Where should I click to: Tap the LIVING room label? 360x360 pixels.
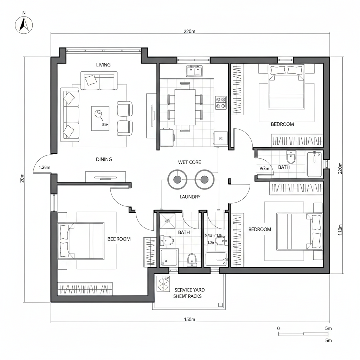103,65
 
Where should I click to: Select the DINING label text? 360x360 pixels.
104,159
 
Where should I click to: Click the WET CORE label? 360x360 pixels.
189,162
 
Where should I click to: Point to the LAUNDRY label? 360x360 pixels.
190,197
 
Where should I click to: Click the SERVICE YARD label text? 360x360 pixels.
189,290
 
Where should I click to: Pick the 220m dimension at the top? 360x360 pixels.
189,32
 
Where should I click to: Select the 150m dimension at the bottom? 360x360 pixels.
189,319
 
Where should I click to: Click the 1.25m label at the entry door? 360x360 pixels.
44,167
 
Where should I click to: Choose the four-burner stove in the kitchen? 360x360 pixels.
221,102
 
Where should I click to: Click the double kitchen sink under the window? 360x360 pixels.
195,71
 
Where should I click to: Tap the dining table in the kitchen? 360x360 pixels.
185,107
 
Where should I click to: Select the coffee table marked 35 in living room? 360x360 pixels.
100,118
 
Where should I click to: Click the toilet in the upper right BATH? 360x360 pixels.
291,156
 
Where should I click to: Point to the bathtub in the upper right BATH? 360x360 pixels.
314,164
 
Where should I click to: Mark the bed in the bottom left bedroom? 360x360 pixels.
81,241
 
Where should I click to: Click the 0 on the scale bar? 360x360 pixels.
279,328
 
